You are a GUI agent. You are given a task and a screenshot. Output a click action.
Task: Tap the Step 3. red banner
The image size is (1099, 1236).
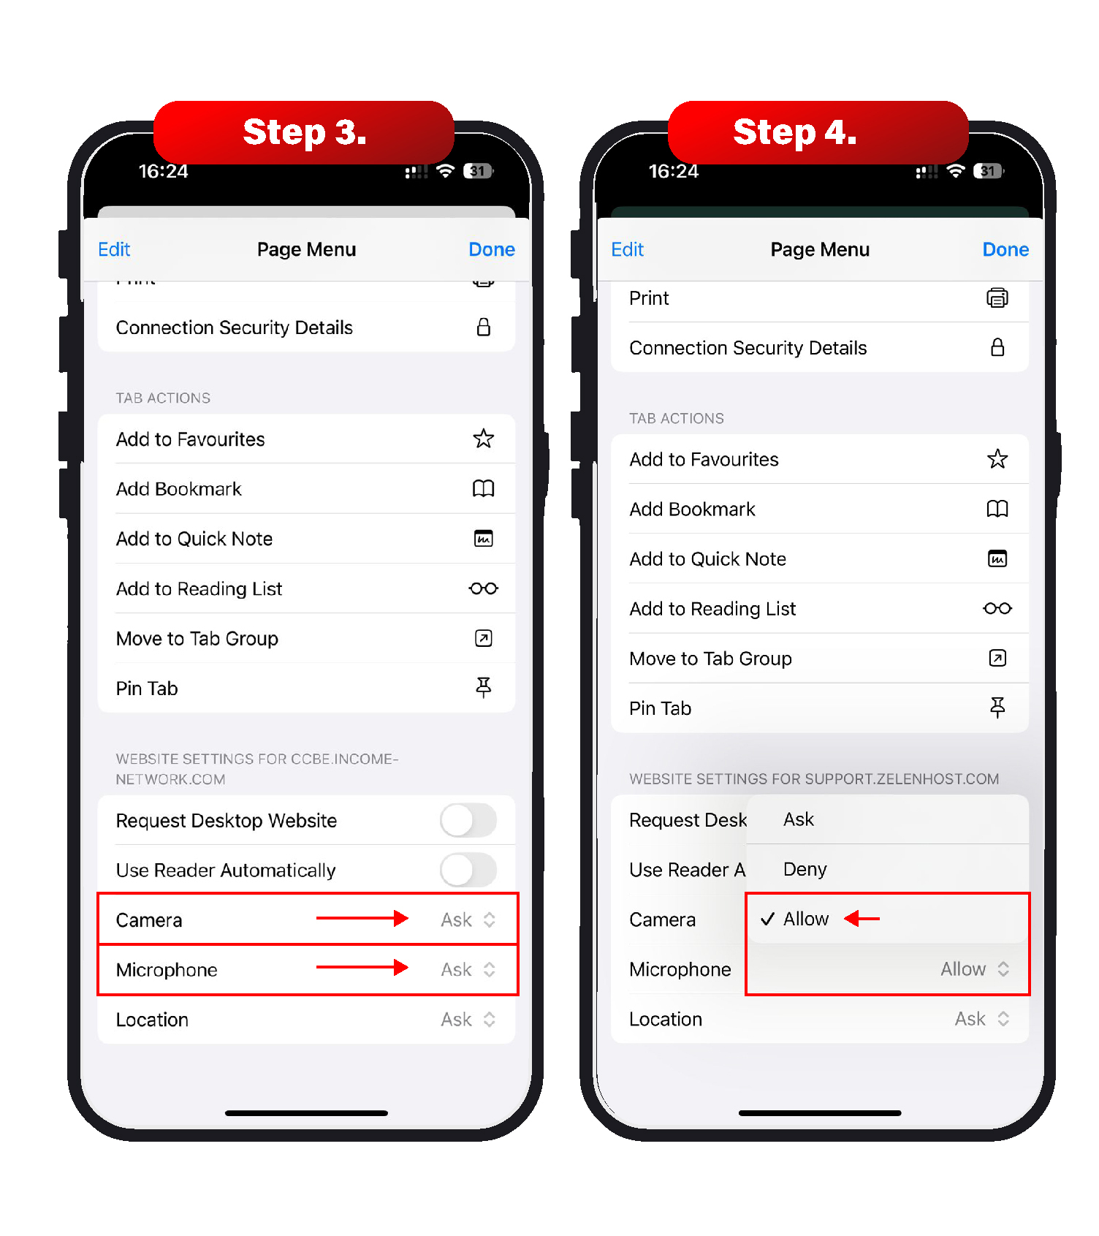pyautogui.click(x=304, y=132)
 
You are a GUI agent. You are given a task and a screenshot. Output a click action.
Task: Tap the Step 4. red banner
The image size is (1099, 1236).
pyautogui.click(x=818, y=132)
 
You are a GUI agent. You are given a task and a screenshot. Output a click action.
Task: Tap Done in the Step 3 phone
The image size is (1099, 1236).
pyautogui.click(x=492, y=249)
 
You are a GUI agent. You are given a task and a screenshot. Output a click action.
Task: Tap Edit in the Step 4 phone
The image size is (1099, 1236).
pyautogui.click(x=627, y=249)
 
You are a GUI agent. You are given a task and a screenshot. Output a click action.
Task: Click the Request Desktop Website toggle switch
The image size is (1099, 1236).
pyautogui.click(x=468, y=820)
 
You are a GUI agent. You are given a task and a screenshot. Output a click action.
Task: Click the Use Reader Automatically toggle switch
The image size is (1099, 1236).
pyautogui.click(x=468, y=870)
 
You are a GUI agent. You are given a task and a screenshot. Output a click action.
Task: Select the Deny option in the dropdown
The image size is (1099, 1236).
pyautogui.click(x=805, y=869)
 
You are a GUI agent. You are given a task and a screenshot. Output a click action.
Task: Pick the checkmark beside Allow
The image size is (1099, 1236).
pyautogui.click(x=767, y=919)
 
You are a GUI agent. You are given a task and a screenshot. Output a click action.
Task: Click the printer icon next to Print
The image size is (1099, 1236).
pyautogui.click(x=997, y=298)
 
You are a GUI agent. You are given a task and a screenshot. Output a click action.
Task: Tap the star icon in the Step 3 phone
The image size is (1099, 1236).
pyautogui.click(x=484, y=439)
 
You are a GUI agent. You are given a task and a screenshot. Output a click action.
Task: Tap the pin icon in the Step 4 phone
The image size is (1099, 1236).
pyautogui.click(x=997, y=708)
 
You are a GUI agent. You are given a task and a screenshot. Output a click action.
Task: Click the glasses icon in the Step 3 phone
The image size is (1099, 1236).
pyautogui.click(x=484, y=588)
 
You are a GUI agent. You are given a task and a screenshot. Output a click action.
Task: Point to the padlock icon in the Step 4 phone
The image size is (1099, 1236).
pyautogui.click(x=997, y=347)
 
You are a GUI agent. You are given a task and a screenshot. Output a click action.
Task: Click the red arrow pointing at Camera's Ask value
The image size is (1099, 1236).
pyautogui.click(x=362, y=918)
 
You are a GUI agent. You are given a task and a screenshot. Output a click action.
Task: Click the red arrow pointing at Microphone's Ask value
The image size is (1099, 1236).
pyautogui.click(x=362, y=968)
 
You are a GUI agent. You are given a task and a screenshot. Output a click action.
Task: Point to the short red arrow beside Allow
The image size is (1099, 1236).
pyautogui.click(x=862, y=918)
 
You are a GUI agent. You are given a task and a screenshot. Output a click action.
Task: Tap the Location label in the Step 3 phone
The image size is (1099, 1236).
pyautogui.click(x=152, y=1020)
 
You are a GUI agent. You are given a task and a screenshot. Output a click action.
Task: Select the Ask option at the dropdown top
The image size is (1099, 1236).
pyautogui.click(x=798, y=819)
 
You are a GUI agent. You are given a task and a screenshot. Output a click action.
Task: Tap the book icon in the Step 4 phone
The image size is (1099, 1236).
pyautogui.click(x=997, y=509)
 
